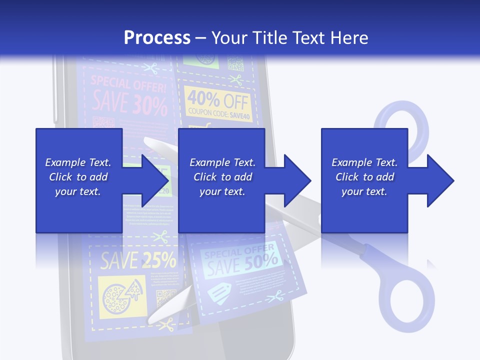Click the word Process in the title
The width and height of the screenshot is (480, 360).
(x=157, y=37)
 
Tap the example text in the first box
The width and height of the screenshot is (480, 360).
(x=78, y=177)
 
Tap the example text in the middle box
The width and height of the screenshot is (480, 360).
(x=222, y=177)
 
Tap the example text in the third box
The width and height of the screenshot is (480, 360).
(x=364, y=177)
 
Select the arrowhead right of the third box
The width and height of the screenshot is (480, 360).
(x=440, y=180)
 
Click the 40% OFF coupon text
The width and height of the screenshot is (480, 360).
(x=218, y=100)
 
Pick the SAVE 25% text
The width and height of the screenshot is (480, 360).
(x=138, y=260)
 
